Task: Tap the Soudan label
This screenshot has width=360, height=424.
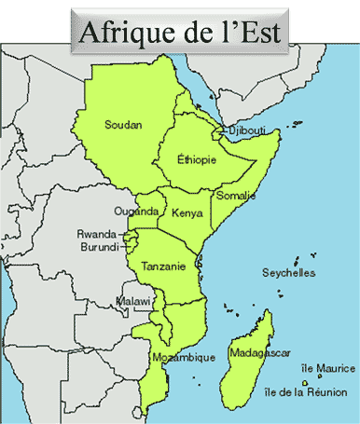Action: [x=123, y=125]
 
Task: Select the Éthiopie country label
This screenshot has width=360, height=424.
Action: [x=197, y=160]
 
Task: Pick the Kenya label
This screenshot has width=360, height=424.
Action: [x=187, y=213]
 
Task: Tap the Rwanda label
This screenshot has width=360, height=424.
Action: [x=96, y=235]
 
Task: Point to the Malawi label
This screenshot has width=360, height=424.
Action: [x=132, y=301]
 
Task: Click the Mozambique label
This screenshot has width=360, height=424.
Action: [x=183, y=358]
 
